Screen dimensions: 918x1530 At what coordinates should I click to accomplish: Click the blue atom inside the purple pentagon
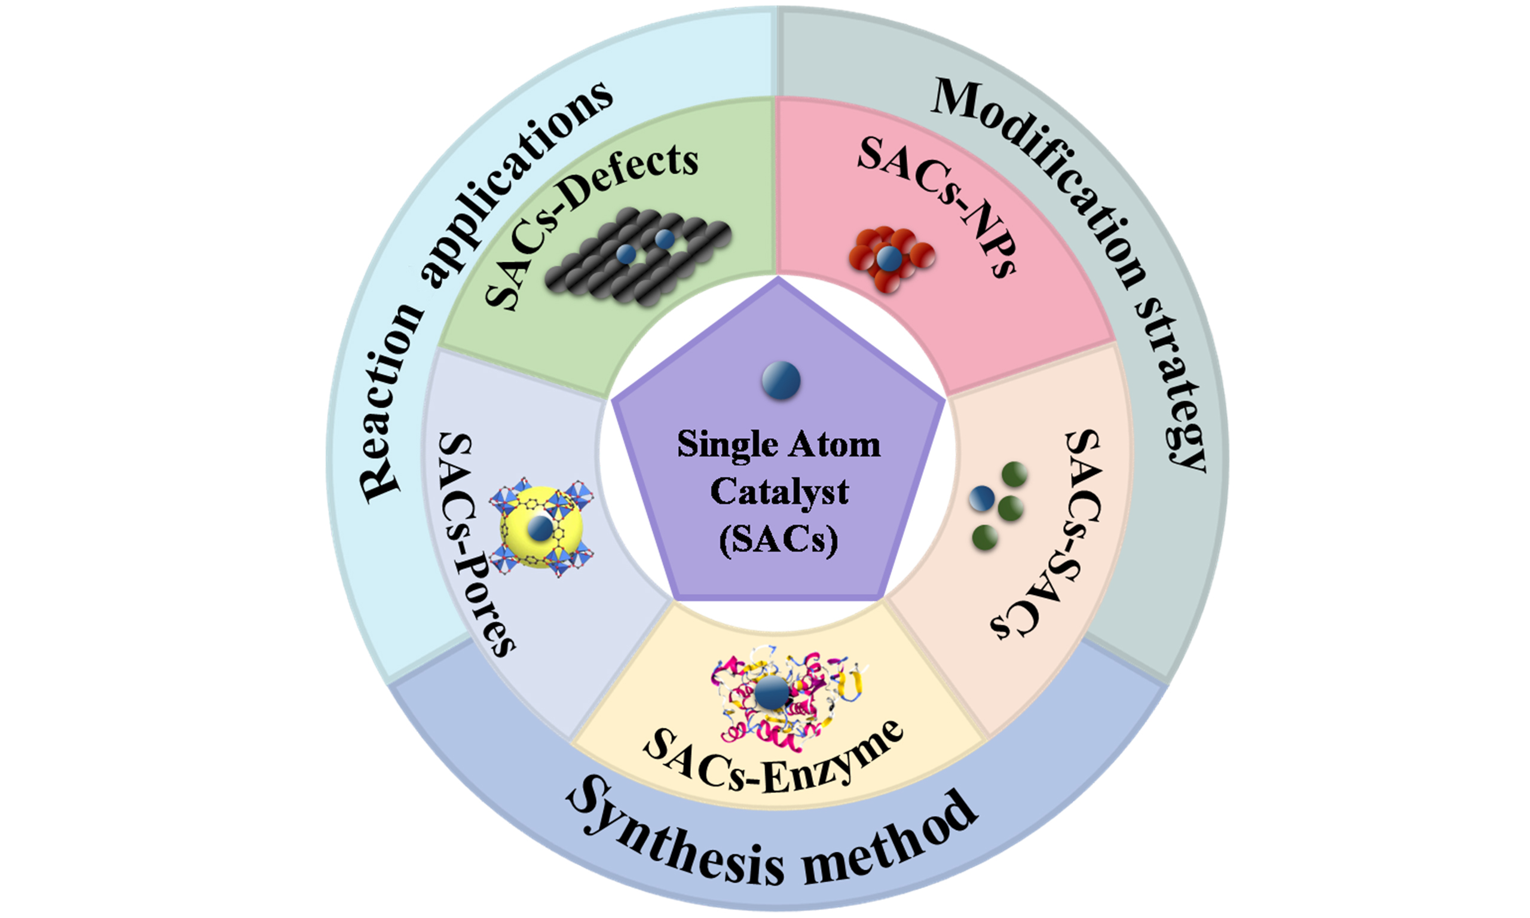coord(781,380)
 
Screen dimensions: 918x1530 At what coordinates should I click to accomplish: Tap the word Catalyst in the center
coord(779,492)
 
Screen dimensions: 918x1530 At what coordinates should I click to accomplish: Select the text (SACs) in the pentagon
coord(779,540)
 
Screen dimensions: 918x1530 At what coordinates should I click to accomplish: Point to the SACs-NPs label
coord(938,204)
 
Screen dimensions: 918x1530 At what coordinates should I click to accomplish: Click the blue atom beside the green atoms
coord(981,498)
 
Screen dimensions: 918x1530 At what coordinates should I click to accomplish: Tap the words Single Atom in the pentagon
coord(779,444)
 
